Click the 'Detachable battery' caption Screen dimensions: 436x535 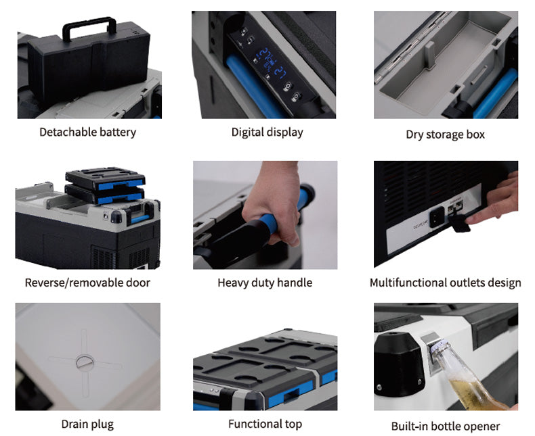[87, 132]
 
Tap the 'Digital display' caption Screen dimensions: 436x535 [267, 132]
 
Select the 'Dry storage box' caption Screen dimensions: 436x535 [445, 135]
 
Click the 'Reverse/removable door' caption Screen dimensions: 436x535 [87, 283]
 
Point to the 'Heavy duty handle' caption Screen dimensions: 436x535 [265, 283]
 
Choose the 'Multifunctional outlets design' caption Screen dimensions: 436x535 [445, 283]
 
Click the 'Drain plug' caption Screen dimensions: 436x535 [87, 425]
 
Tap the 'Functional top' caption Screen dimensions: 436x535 [265, 425]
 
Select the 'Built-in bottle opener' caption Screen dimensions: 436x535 [445, 426]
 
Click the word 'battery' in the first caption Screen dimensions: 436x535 [116, 132]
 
